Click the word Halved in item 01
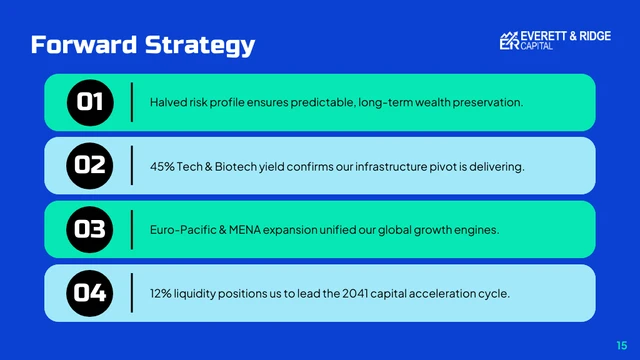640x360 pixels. tap(166, 103)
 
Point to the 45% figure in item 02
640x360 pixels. tap(161, 166)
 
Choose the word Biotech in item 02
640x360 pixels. tap(227, 166)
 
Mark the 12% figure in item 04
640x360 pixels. tap(160, 293)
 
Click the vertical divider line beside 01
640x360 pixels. tap(132, 102)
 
